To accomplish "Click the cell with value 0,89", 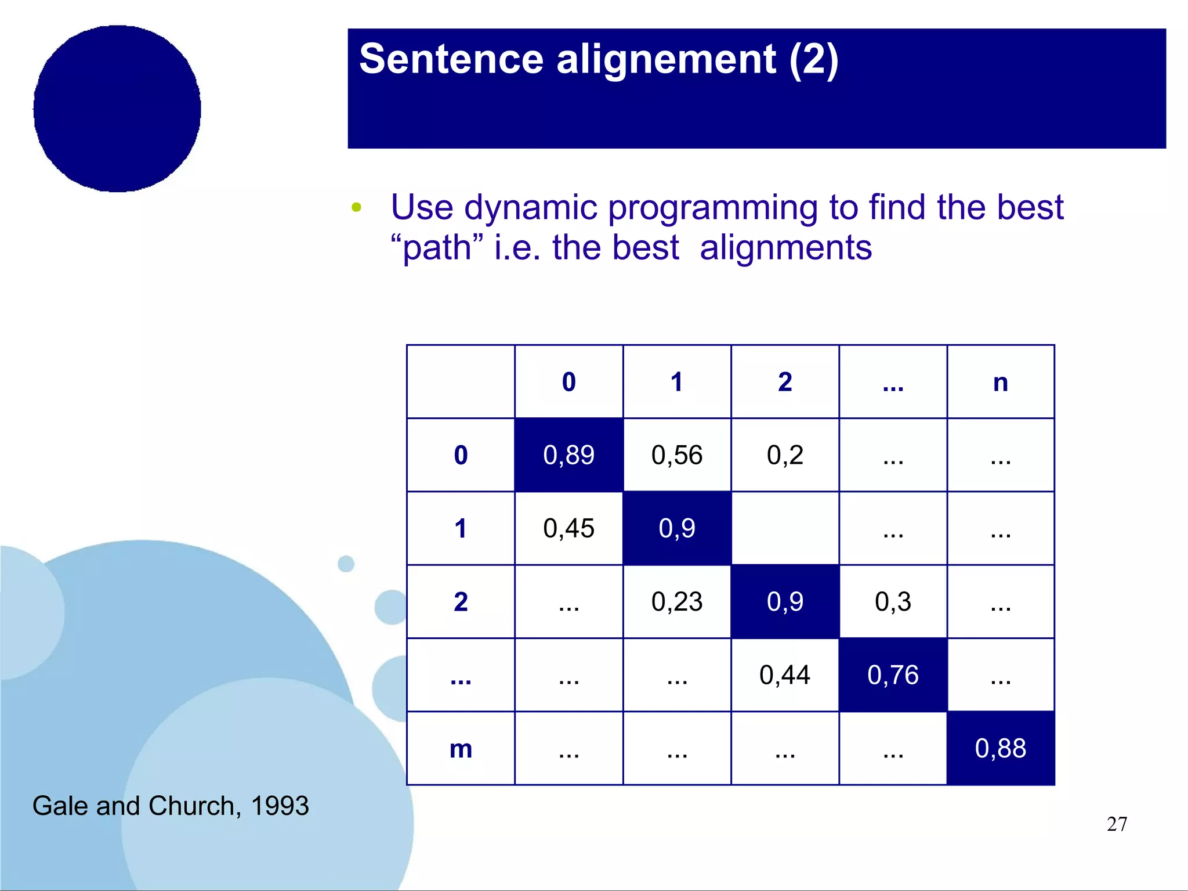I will [568, 454].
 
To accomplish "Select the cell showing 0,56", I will [676, 454].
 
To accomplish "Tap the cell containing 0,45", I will [568, 528].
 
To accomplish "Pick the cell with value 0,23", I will [676, 601].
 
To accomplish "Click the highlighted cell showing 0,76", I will [893, 674].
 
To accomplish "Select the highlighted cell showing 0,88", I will [1000, 748].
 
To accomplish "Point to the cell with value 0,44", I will [784, 674].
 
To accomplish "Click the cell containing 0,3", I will [893, 601].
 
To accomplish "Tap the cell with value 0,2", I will [784, 454].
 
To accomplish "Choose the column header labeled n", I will [1000, 382].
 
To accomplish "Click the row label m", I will [461, 749].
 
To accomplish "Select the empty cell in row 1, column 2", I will [784, 528].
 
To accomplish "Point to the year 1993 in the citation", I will [280, 806].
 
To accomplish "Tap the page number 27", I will [1117, 824].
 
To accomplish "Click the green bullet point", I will [356, 207].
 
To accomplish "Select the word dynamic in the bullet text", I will [530, 207].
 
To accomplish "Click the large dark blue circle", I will [117, 109].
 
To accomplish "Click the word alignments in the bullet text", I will [785, 248].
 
